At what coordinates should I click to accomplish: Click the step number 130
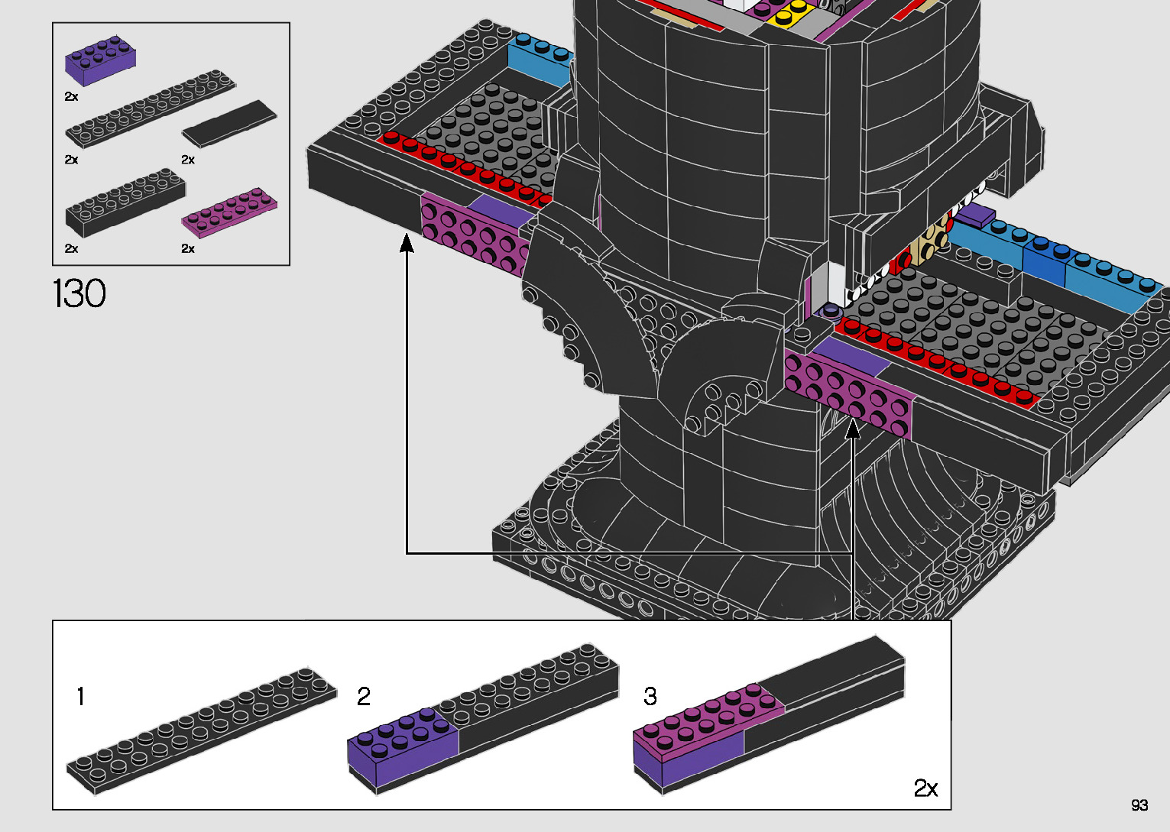click(x=79, y=293)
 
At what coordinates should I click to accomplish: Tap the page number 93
click(x=1139, y=805)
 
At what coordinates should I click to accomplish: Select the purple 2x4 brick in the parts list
click(x=101, y=60)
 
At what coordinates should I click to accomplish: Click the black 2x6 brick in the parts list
click(x=125, y=202)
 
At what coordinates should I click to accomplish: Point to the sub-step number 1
click(x=81, y=697)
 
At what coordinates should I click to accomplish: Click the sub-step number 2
click(x=364, y=696)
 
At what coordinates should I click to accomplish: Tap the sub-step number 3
click(x=650, y=696)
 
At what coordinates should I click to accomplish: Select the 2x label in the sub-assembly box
click(x=925, y=788)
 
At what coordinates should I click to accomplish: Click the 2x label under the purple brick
click(x=71, y=97)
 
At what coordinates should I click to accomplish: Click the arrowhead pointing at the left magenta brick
click(x=407, y=244)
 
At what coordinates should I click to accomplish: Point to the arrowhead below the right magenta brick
click(x=853, y=431)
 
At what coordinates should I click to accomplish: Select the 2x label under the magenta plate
click(x=188, y=248)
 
